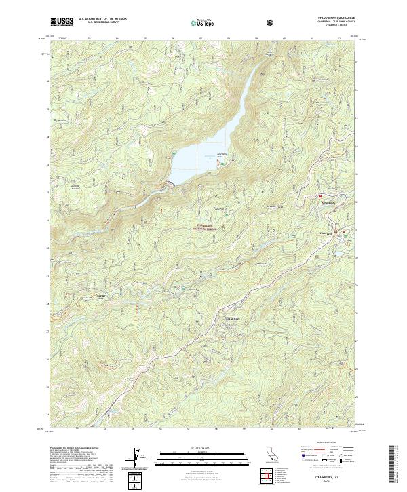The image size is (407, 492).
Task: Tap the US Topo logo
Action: point(203,22)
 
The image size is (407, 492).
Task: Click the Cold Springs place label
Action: point(232,317)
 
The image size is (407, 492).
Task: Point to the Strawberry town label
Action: point(328,202)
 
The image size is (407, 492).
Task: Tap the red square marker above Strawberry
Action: point(319,197)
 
